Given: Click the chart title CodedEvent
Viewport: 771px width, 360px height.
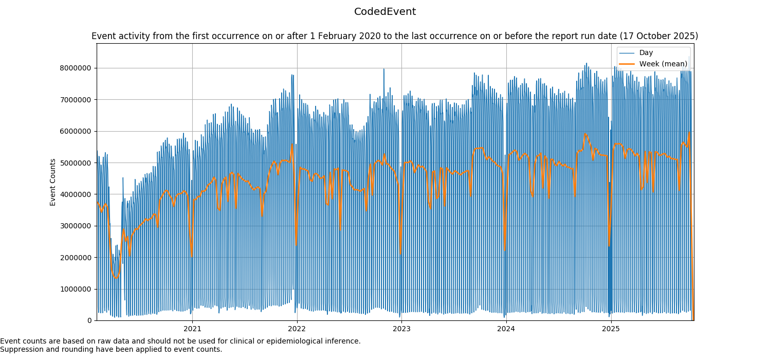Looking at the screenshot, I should click(x=385, y=12).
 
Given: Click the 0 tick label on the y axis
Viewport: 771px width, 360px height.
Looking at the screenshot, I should click(x=90, y=320).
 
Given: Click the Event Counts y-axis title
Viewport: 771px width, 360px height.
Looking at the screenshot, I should click(x=53, y=182).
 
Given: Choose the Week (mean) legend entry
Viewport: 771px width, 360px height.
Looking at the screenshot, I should click(x=663, y=64).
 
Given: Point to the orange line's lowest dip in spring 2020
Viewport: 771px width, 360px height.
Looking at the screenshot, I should click(x=116, y=278).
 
